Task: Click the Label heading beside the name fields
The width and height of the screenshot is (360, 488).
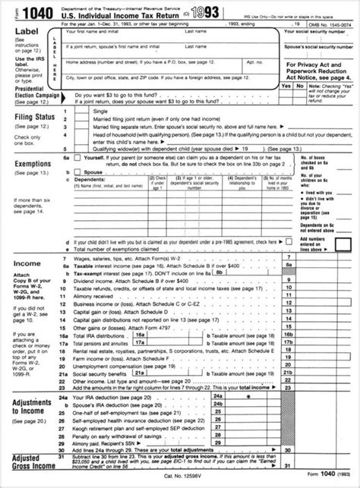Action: (x=24, y=33)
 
